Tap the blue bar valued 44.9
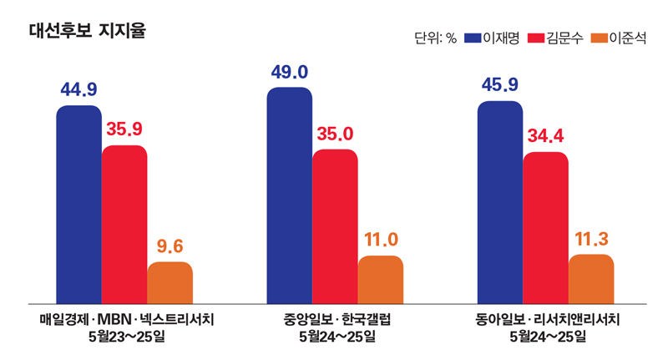pyautogui.click(x=78, y=205)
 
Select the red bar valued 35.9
pyautogui.click(x=124, y=224)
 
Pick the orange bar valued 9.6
pyautogui.click(x=170, y=282)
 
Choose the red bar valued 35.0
pyautogui.click(x=335, y=226)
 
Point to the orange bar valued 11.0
pyautogui.click(x=381, y=279)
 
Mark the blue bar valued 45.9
pyautogui.click(x=499, y=201)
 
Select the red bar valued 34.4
pyautogui.click(x=545, y=227)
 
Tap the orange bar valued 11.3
pyautogui.click(x=591, y=278)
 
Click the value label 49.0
pyautogui.click(x=289, y=73)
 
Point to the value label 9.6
pyautogui.click(x=170, y=246)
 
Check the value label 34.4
pyautogui.click(x=545, y=136)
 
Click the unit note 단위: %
pyautogui.click(x=434, y=38)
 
